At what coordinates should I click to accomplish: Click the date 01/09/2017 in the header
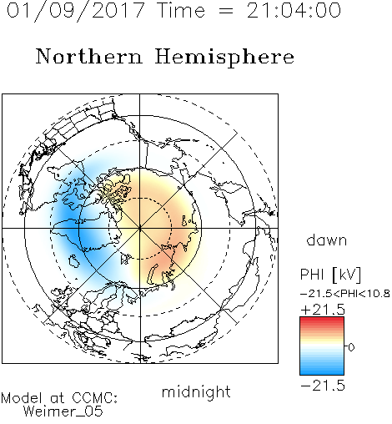tap(76, 11)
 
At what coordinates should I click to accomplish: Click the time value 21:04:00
tap(294, 10)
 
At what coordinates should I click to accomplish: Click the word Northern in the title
tap(89, 56)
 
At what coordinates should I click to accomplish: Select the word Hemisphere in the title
tap(224, 58)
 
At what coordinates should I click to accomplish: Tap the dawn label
tap(327, 240)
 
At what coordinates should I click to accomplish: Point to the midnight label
tap(196, 392)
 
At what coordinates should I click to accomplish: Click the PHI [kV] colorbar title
tap(330, 275)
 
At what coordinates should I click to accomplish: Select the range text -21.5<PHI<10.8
tap(345, 294)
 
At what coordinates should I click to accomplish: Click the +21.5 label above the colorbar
tap(323, 310)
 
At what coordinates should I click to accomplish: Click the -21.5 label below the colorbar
tap(323, 386)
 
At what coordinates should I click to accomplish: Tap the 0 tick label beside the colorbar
tap(351, 347)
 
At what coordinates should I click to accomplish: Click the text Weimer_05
tap(63, 411)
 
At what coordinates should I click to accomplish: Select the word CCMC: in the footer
tap(95, 398)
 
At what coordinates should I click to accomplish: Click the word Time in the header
tap(181, 10)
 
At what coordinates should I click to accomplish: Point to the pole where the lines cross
tap(140, 228)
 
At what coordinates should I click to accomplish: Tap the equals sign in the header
tap(226, 11)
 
